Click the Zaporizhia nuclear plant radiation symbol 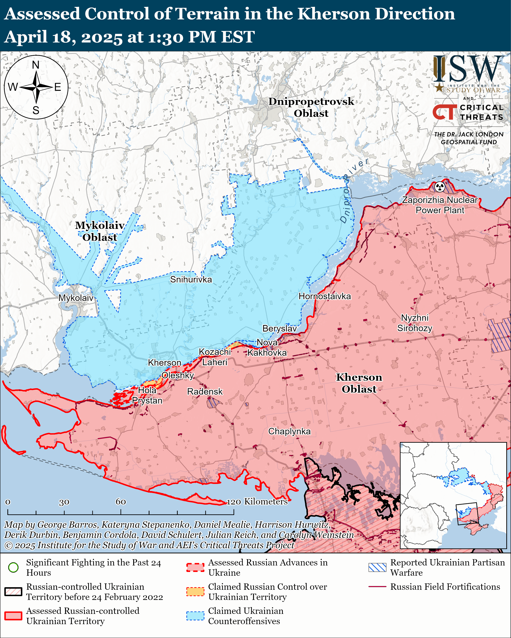440,187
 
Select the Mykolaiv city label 76,298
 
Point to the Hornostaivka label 324,296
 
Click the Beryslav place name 279,328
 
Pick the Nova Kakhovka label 267,347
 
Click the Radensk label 205,391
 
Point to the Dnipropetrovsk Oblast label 311,107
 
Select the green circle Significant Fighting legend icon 13,567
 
